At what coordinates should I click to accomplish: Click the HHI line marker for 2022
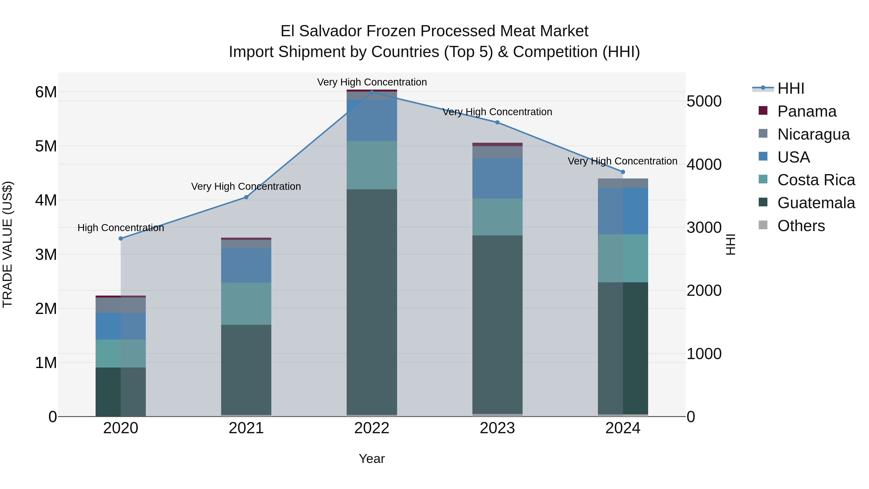372,92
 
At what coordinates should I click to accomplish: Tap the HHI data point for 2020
121,239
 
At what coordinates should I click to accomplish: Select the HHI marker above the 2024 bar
623,172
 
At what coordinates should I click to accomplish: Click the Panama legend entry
806,111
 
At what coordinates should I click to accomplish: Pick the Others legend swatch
763,225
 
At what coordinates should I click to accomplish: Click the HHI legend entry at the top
790,88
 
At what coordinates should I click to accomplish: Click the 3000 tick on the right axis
704,227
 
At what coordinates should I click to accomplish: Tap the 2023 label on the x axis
497,428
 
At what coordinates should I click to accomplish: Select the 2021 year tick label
246,428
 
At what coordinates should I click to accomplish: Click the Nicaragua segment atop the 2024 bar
623,183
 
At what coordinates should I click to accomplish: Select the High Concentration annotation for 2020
121,228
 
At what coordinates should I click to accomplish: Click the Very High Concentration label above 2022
372,82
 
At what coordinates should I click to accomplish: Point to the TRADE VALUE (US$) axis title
7,244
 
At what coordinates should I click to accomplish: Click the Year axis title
372,459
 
